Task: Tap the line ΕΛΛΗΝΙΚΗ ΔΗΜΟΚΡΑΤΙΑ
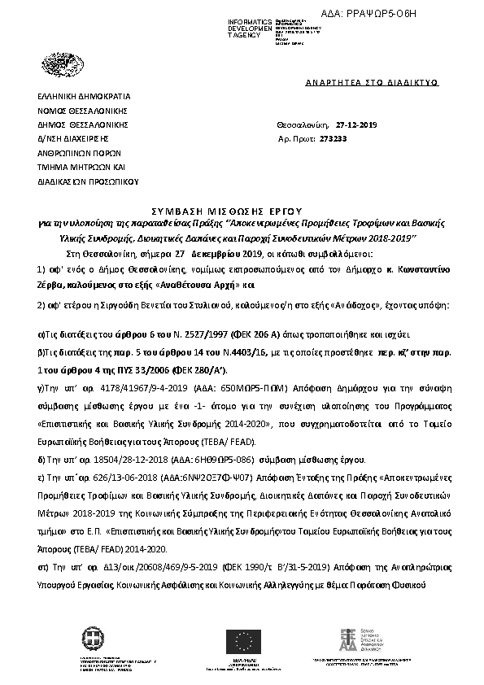coord(77,96)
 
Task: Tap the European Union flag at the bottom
coord(243,639)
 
